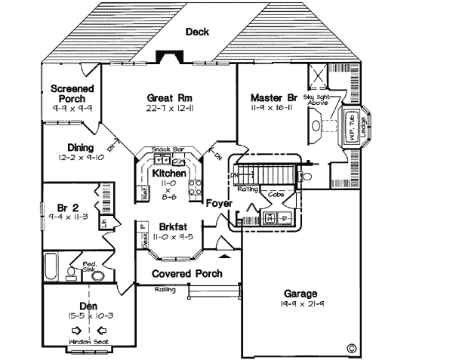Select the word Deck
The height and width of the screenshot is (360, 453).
198,32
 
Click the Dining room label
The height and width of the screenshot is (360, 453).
79,147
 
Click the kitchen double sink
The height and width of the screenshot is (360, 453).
162,161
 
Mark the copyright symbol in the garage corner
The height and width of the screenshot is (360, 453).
350,348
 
